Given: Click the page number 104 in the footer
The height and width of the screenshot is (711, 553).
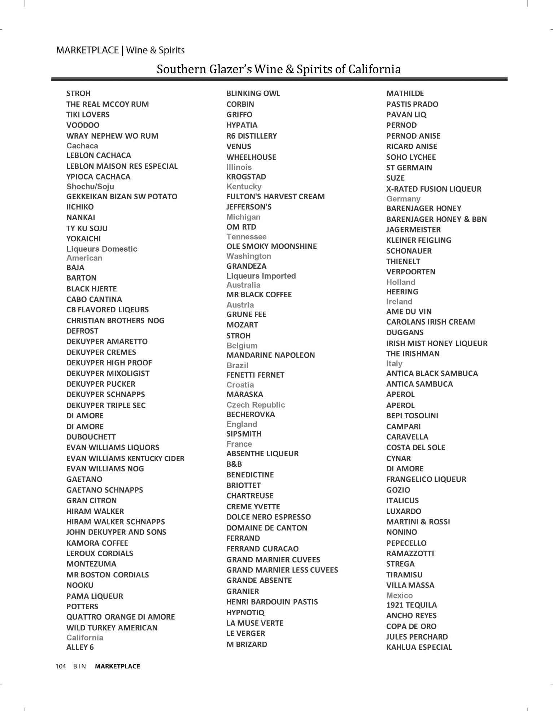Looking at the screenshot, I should [61, 666].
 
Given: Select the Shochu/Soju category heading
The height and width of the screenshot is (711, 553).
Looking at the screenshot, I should [90, 187].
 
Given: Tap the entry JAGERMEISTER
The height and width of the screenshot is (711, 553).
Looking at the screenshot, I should [413, 230].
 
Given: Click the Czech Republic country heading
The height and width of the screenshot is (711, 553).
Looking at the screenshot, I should [256, 405].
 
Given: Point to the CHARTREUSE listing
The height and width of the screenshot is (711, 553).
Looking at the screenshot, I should [250, 495].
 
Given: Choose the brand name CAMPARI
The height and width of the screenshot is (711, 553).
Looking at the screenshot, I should [403, 426].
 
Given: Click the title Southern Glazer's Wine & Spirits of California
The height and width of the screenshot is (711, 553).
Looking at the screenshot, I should [279, 69].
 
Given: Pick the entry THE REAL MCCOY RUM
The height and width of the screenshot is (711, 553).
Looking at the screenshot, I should [107, 104].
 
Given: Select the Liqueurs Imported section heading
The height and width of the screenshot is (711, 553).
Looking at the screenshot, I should [261, 276].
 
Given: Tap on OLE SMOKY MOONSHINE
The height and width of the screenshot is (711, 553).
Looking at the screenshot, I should [271, 246].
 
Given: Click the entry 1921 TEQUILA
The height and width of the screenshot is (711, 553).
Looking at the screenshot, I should [411, 605].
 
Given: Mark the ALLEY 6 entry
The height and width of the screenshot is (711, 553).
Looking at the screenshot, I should [80, 647].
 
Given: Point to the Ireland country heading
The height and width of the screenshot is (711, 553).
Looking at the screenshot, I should [399, 302].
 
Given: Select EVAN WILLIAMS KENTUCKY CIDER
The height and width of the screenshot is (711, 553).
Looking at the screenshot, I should [125, 458].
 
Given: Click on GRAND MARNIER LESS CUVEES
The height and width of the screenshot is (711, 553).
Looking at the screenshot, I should [282, 570].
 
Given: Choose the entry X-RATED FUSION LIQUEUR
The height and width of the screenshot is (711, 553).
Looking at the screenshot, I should [434, 189].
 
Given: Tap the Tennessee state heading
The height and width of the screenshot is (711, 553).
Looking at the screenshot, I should [246, 237].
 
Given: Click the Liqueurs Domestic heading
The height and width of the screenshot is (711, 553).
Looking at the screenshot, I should [101, 249].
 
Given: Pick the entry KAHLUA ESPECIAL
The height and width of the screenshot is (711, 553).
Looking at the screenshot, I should [419, 647].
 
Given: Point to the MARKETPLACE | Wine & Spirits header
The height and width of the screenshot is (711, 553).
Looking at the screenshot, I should [120, 50].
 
